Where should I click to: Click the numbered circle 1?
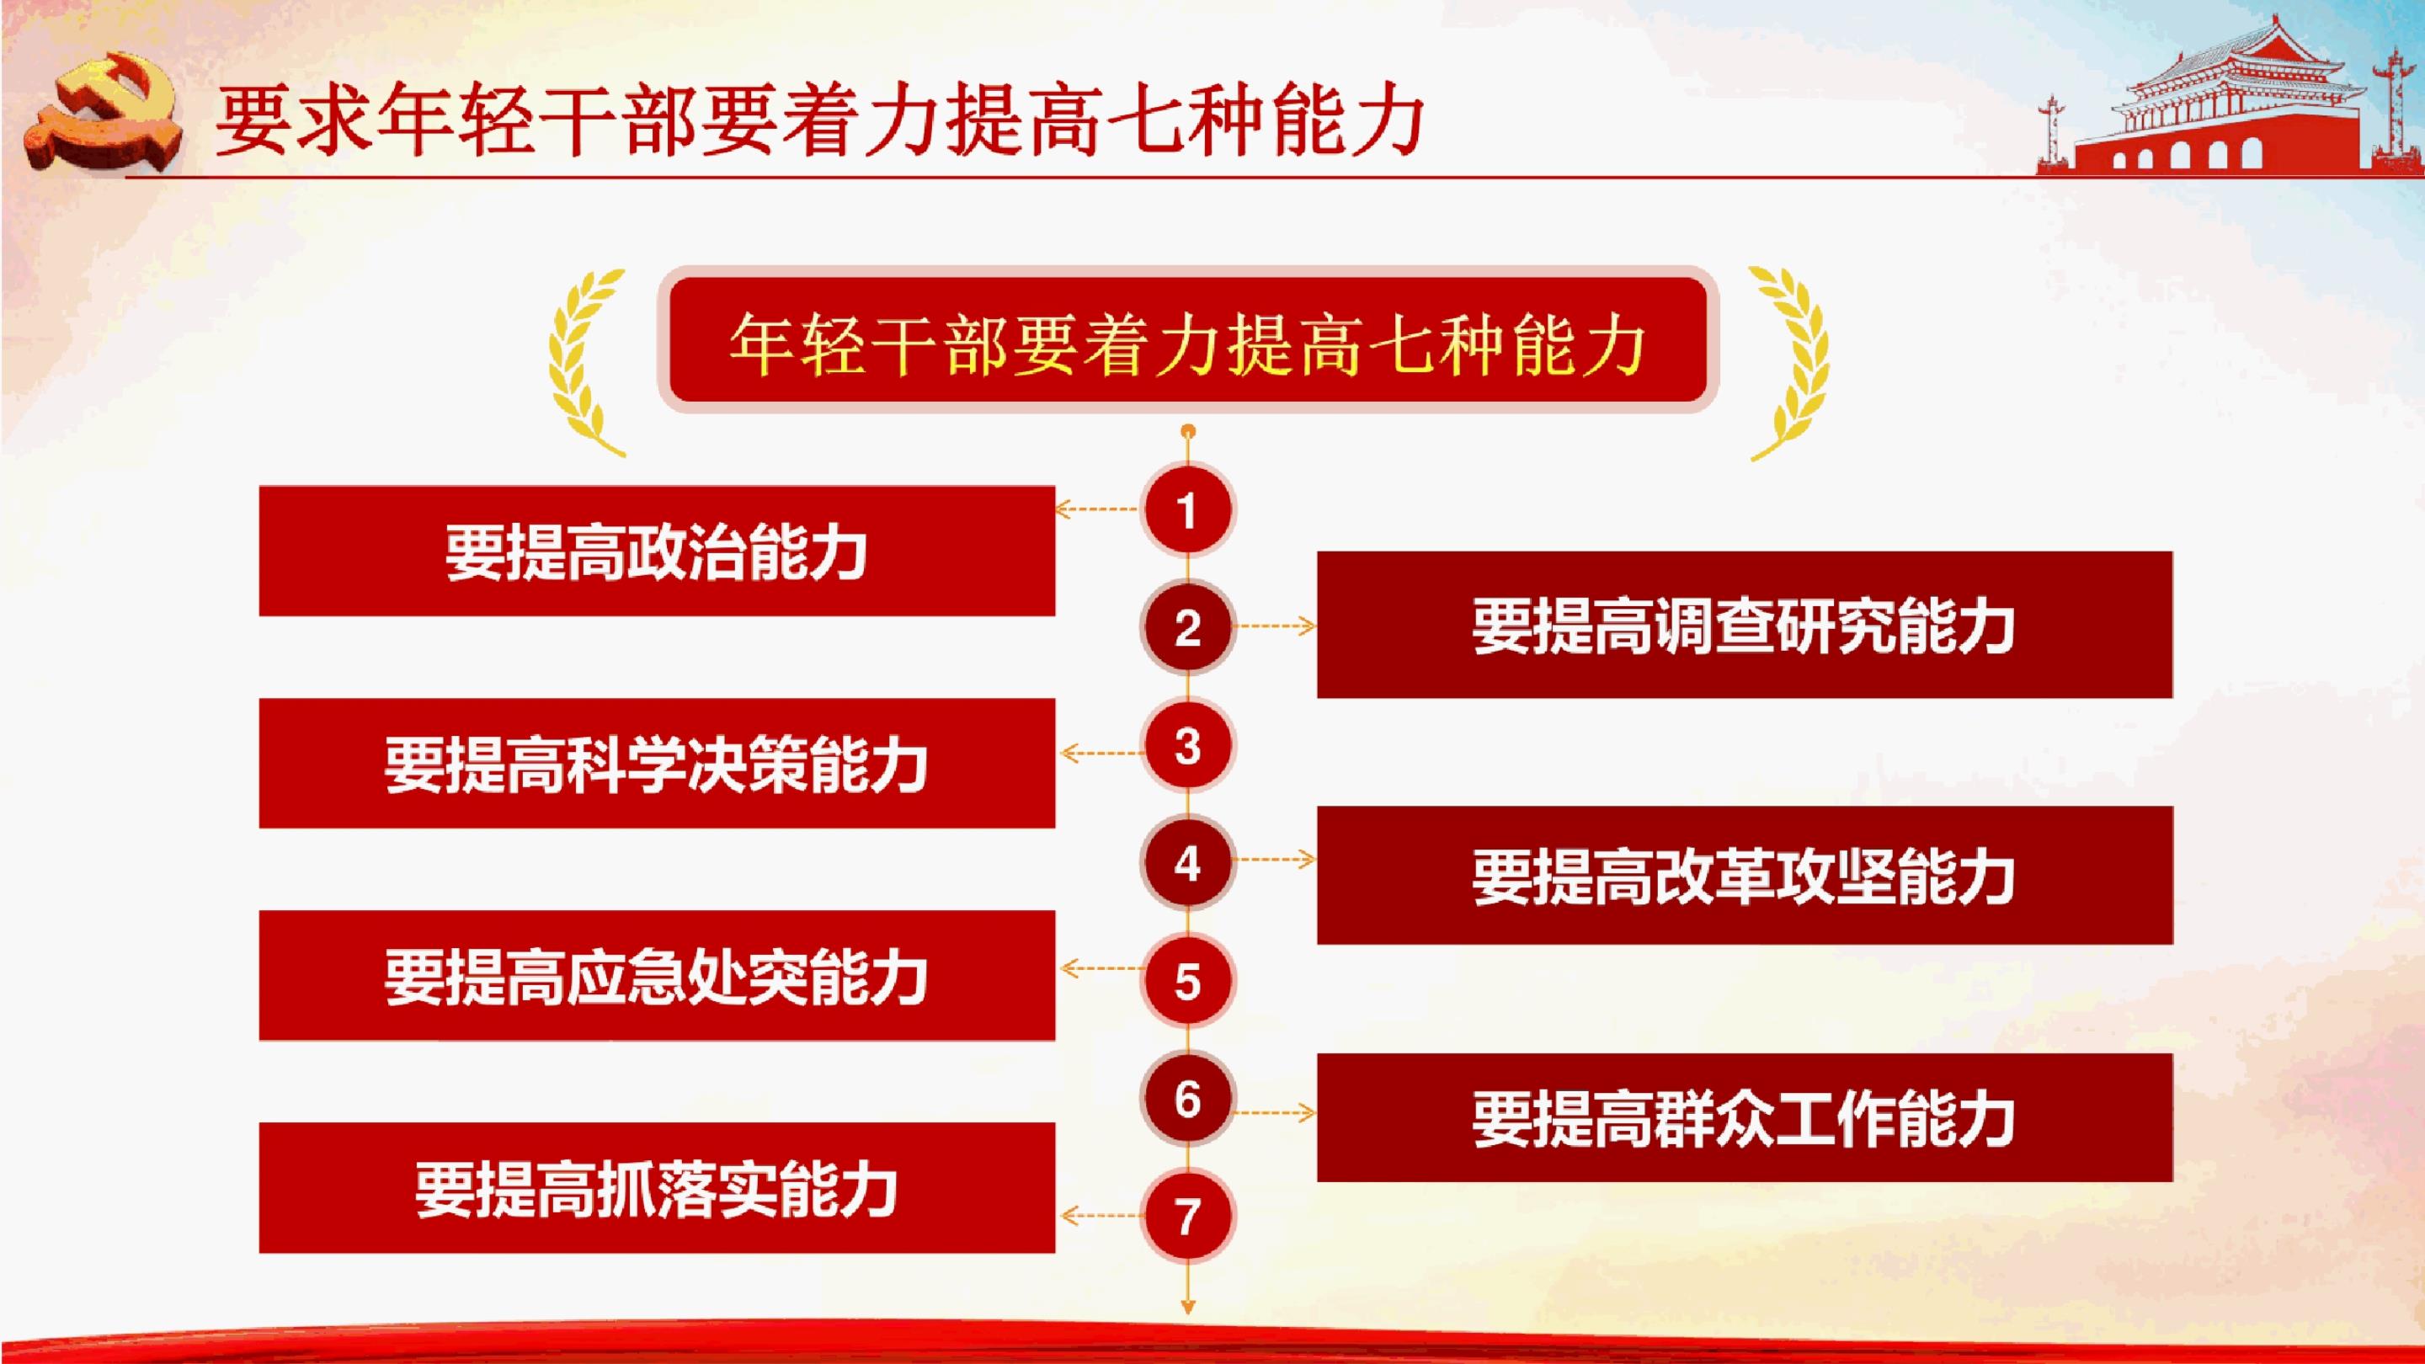tap(1187, 511)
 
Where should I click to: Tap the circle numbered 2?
tap(1187, 628)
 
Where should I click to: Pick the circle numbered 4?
tap(1187, 863)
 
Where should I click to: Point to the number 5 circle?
tap(1187, 981)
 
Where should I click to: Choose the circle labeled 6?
tap(1187, 1099)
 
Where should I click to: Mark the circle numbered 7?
tap(1187, 1216)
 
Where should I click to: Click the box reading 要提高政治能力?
tap(656, 551)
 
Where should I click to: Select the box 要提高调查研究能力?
tap(1745, 625)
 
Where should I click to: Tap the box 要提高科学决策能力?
tap(656, 764)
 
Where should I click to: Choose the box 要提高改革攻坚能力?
tap(1745, 876)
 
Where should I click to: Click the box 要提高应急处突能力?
tap(656, 975)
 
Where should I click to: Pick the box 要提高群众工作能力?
tap(1745, 1117)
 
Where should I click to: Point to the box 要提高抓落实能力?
tap(656, 1188)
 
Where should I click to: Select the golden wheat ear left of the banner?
tap(584, 362)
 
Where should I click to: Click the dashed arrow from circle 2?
tap(1274, 626)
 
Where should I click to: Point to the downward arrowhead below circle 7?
tap(1188, 1307)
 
